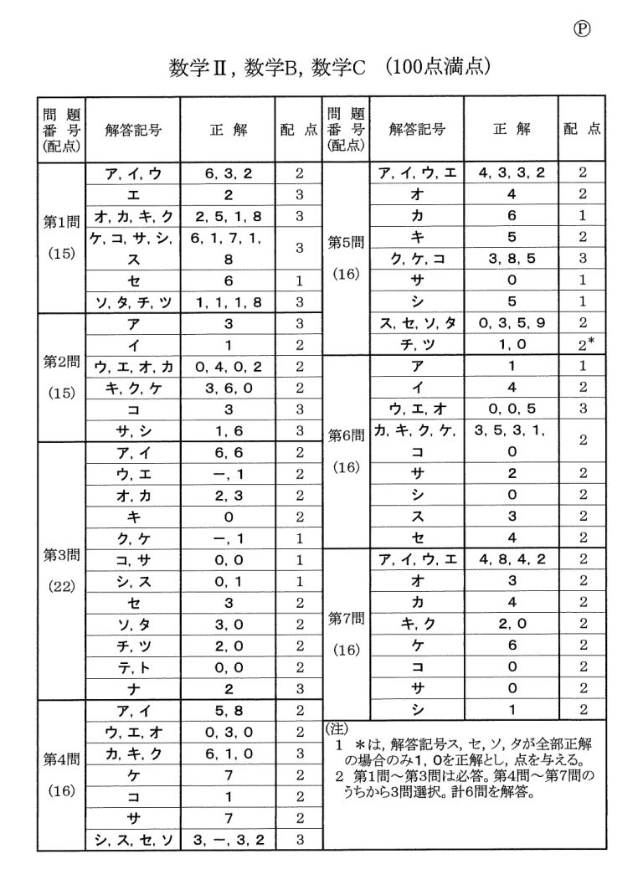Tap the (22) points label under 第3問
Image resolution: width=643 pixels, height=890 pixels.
tap(60, 585)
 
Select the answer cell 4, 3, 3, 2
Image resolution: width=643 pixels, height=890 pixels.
tap(512, 173)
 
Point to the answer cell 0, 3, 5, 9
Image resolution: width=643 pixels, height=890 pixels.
tap(512, 323)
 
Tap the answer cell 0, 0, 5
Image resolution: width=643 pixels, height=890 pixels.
tap(512, 409)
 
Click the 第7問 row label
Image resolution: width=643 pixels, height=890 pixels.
tap(346, 620)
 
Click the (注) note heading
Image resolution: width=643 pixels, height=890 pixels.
tap(337, 728)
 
